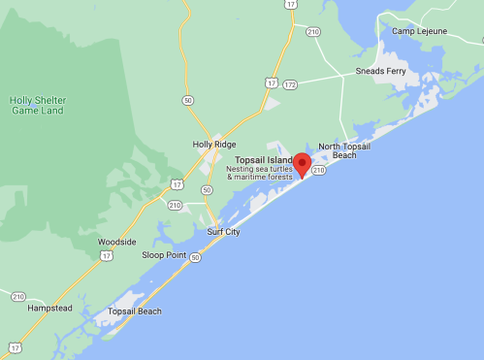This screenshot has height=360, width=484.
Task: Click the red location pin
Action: pyautogui.click(x=303, y=164)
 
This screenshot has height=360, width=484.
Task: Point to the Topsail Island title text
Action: pyautogui.click(x=264, y=159)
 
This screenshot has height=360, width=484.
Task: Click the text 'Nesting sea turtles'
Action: pyautogui.click(x=260, y=169)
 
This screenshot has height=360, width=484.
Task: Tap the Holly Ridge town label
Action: pyautogui.click(x=215, y=145)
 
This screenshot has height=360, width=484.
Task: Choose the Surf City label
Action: pyautogui.click(x=223, y=232)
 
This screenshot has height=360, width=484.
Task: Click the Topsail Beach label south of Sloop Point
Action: pyautogui.click(x=135, y=311)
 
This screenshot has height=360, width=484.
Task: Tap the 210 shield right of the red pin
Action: pyautogui.click(x=319, y=170)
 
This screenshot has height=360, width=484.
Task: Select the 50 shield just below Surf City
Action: pyautogui.click(x=196, y=257)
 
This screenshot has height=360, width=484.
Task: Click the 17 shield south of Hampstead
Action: pyautogui.click(x=15, y=346)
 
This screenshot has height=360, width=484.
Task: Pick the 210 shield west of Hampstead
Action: pyautogui.click(x=18, y=296)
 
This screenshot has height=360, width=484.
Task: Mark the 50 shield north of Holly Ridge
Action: pyautogui.click(x=188, y=100)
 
